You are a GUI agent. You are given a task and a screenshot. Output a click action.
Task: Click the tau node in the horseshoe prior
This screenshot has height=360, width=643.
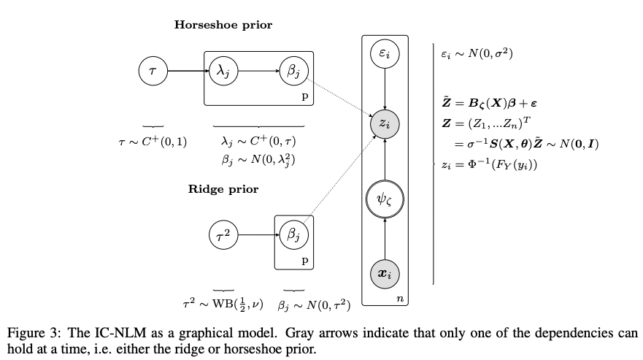click(153, 72)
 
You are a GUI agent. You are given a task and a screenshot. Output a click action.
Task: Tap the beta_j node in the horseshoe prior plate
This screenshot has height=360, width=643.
click(294, 72)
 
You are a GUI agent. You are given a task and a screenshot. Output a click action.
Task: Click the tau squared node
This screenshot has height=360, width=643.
click(223, 235)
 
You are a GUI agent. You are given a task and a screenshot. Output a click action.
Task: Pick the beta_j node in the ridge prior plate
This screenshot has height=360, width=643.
click(294, 235)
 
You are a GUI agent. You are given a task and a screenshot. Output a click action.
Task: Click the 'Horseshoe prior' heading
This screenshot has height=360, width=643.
click(223, 25)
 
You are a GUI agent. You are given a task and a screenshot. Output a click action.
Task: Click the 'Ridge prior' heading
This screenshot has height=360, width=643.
click(223, 189)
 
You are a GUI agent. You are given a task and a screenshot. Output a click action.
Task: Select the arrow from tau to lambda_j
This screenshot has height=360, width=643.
click(186, 72)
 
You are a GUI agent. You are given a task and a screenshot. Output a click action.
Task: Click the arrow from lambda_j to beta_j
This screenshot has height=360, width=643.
click(258, 72)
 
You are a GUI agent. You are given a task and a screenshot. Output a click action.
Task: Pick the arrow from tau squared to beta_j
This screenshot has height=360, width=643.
click(259, 235)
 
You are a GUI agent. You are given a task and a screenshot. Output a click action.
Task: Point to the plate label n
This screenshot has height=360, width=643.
click(400, 298)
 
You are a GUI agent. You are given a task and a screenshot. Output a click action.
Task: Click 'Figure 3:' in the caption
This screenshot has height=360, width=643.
click(32, 333)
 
